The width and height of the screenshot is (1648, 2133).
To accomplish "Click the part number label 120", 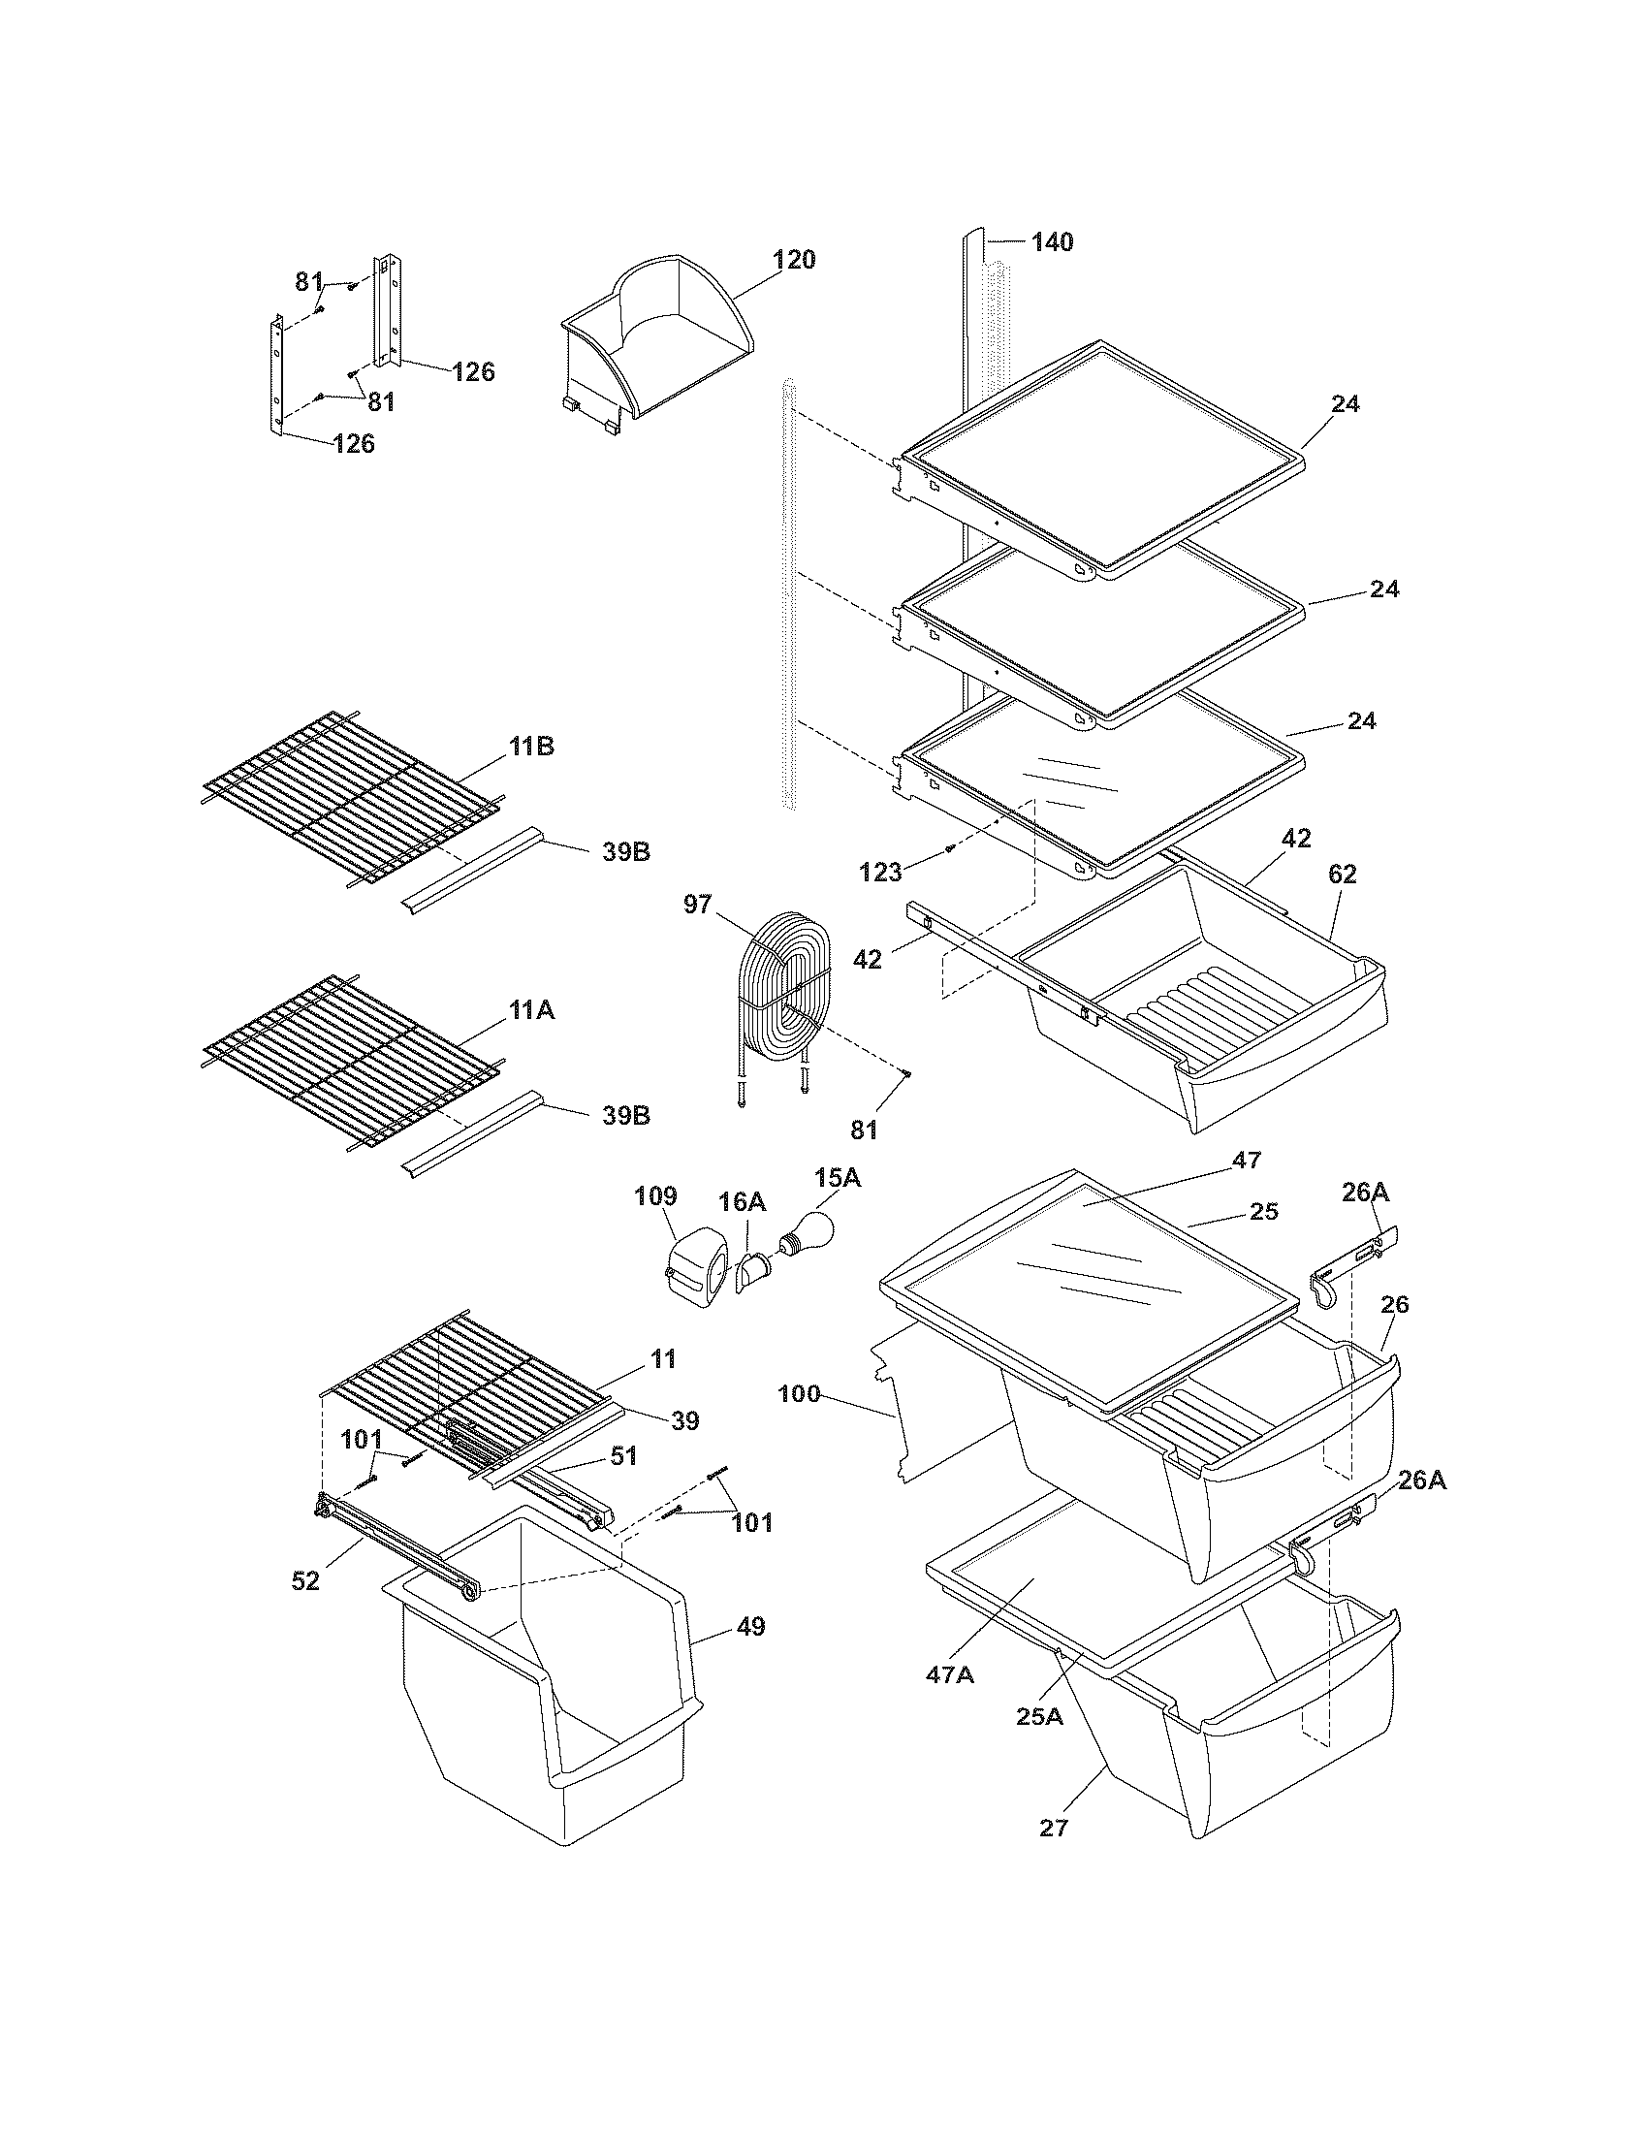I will pos(794,260).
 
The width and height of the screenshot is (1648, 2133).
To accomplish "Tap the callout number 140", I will pos(1052,241).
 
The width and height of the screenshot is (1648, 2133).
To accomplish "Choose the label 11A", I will pos(530,1011).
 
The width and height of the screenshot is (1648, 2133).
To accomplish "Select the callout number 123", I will pos(880,873).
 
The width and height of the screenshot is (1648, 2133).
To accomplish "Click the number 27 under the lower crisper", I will pos(1054,1828).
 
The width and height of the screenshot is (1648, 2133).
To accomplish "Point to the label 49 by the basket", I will pos(750,1627).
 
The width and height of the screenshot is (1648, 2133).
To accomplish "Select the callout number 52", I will pos(305,1580).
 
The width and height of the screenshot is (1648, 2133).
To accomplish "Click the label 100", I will pos(800,1393).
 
